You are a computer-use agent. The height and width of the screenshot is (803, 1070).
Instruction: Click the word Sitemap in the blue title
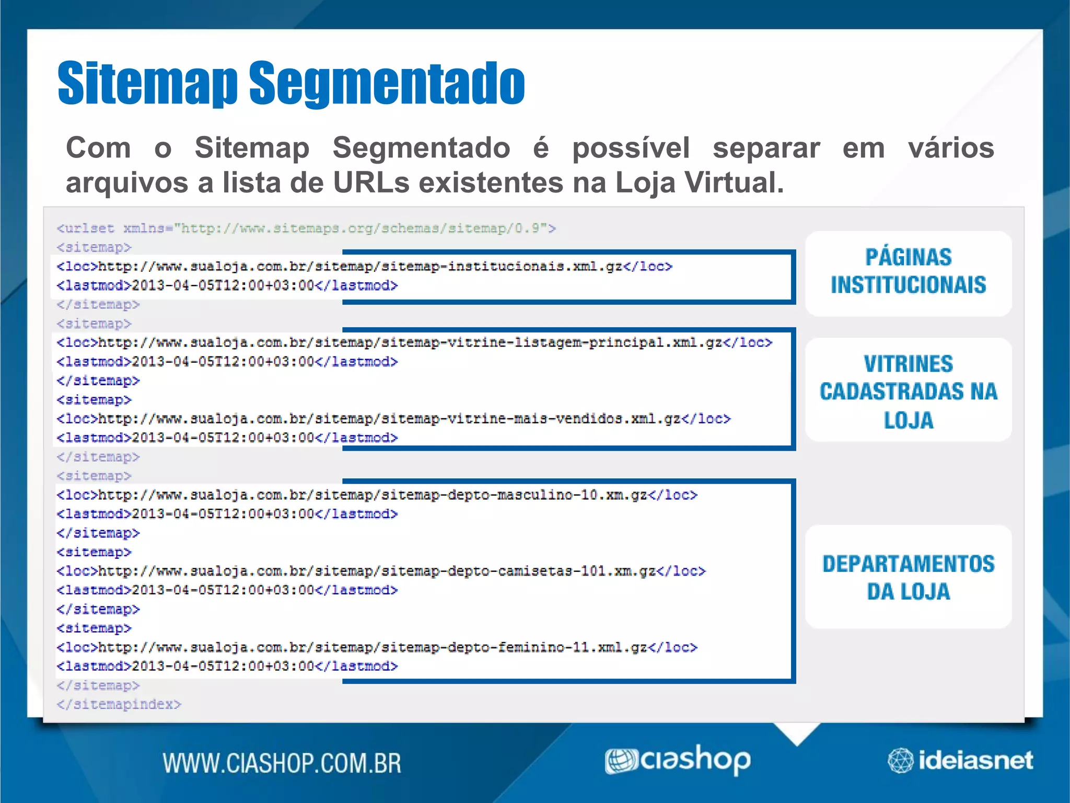click(x=147, y=84)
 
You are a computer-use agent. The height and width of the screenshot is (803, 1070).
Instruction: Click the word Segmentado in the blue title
click(x=387, y=84)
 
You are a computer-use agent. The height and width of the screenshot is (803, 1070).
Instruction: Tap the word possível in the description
click(x=631, y=148)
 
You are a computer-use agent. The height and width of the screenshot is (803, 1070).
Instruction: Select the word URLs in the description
click(x=371, y=183)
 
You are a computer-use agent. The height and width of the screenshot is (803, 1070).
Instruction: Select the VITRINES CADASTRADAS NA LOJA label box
click(x=908, y=391)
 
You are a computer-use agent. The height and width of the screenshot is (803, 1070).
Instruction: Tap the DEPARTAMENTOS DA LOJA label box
click(x=908, y=577)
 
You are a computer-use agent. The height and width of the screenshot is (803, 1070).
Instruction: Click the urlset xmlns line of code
click(x=306, y=228)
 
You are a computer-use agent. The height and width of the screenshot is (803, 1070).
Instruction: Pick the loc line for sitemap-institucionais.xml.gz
click(x=364, y=267)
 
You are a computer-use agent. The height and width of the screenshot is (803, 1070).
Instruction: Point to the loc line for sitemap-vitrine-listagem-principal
click(x=414, y=343)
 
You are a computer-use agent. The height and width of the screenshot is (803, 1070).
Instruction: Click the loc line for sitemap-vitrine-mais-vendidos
click(x=393, y=419)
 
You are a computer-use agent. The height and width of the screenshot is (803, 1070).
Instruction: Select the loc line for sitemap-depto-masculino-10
click(x=376, y=495)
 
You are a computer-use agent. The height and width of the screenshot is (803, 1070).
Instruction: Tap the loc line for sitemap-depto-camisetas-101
click(x=380, y=571)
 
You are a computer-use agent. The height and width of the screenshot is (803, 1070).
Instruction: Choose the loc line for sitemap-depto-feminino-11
click(x=376, y=647)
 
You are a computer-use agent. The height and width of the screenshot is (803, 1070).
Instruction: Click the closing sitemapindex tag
click(x=119, y=704)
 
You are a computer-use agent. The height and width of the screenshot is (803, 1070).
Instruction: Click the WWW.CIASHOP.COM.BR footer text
click(x=282, y=763)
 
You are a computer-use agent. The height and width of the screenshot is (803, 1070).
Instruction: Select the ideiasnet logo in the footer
click(x=960, y=760)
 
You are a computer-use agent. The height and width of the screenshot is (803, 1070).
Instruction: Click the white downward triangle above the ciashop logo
click(x=797, y=731)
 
